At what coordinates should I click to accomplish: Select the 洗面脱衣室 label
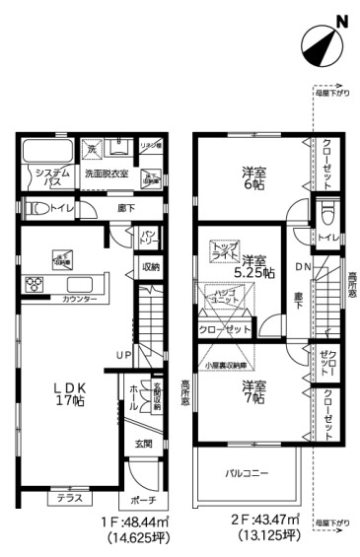click(x=106, y=174)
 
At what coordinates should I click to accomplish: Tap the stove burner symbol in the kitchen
click(x=32, y=284)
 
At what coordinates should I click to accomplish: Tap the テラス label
click(x=68, y=497)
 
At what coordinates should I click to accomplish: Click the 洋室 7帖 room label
click(x=253, y=391)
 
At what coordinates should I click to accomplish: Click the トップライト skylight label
click(x=225, y=252)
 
